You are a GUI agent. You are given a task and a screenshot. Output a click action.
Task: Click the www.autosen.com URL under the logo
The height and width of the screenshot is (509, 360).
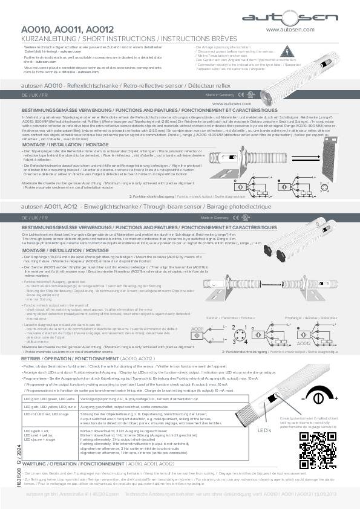click(x=289, y=29)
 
